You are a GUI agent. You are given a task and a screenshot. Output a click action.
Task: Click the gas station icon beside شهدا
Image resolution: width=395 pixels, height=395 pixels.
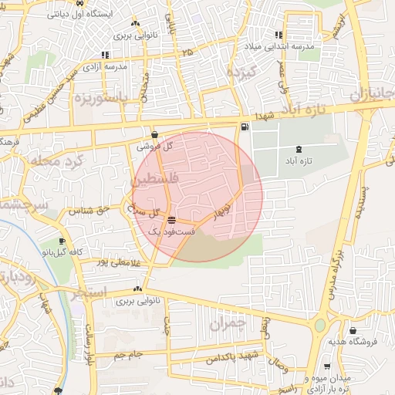click(245, 127)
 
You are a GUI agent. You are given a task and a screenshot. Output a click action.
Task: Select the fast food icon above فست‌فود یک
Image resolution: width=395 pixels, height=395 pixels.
click(170, 220)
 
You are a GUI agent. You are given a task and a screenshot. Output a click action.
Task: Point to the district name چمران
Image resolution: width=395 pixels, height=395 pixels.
click(231, 322)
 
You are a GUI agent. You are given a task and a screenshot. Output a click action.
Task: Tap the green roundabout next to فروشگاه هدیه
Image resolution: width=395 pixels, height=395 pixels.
click(319, 325)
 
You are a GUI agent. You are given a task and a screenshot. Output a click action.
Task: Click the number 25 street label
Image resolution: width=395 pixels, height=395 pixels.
click(187, 51)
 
